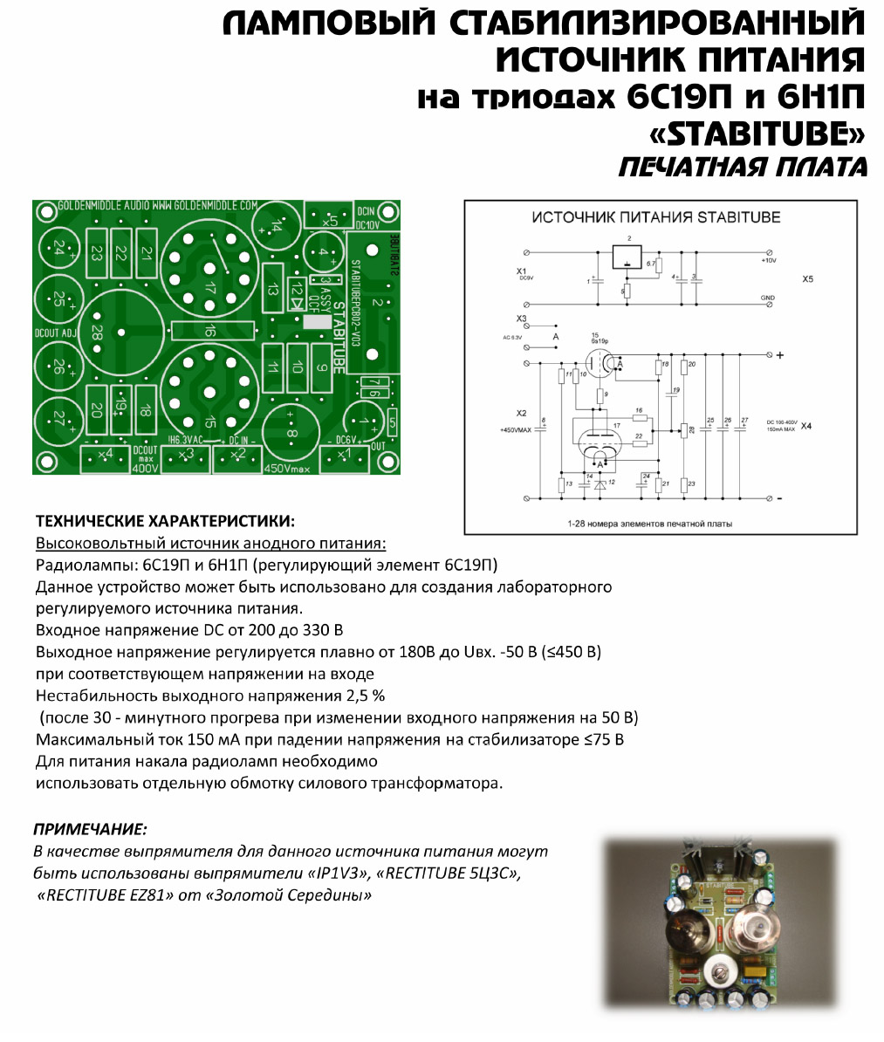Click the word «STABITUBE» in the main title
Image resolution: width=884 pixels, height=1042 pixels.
757,134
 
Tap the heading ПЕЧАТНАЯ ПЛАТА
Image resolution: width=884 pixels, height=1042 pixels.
743,168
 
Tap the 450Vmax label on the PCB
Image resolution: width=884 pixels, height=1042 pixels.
287,468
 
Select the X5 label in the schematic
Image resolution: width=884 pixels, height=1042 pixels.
807,279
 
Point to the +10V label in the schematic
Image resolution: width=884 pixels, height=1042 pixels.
767,260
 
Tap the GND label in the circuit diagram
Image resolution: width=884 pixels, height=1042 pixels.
767,298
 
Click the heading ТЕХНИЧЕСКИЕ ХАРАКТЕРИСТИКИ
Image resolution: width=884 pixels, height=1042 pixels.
165,522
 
